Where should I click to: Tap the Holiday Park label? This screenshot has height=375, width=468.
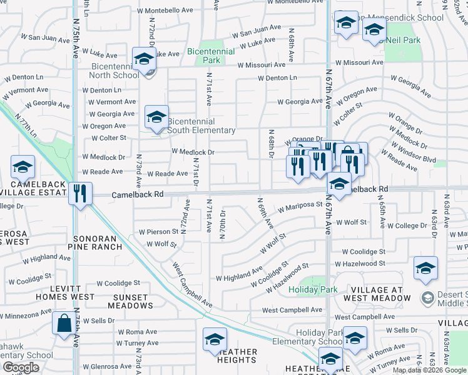313,289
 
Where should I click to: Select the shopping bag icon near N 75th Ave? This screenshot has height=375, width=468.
64,324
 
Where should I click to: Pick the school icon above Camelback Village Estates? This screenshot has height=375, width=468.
23,167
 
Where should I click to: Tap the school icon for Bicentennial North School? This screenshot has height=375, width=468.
144,59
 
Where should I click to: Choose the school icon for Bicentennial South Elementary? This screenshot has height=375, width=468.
156,116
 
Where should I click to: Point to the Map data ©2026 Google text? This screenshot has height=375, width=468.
429,370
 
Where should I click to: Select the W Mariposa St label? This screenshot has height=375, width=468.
300,204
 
